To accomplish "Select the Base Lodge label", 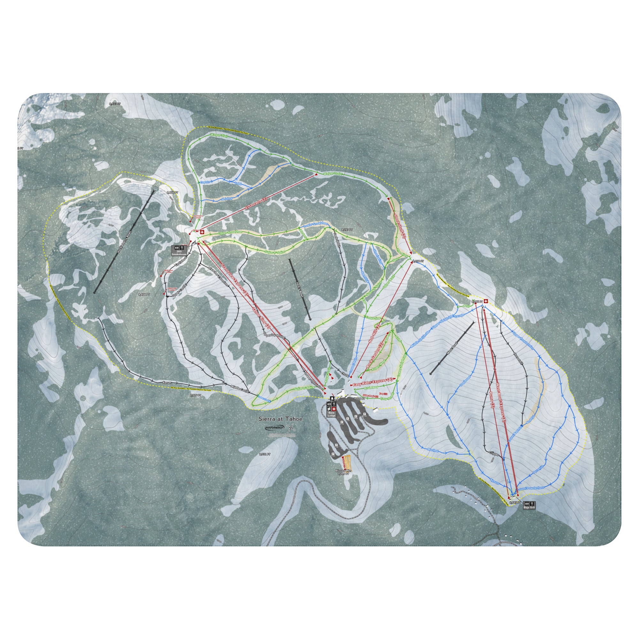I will point(331,413).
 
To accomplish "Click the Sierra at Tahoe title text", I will point(281,419).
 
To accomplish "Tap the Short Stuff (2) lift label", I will point(398,225).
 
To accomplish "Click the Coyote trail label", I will point(205,182).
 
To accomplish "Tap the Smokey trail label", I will point(227,198).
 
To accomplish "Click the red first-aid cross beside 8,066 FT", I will point(486,301).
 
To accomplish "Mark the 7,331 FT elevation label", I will point(265,454).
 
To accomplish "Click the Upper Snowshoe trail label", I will point(231,233).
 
